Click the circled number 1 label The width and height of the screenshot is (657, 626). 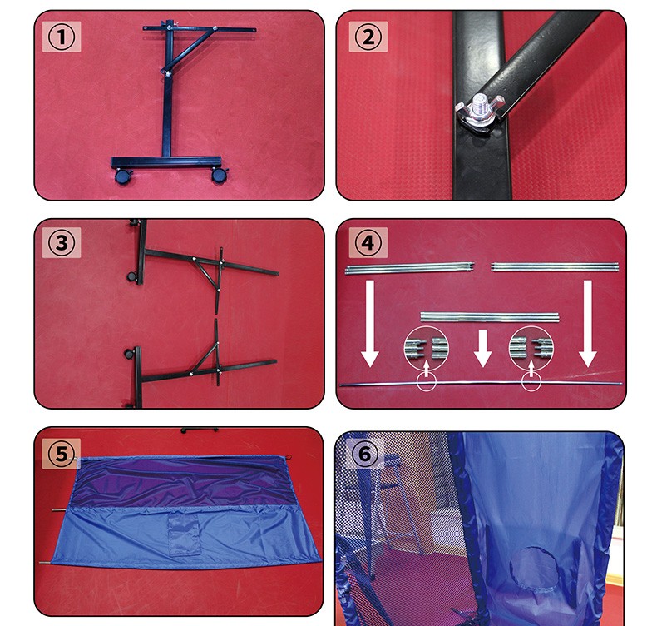62,37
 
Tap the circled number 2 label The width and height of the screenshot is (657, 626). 368,37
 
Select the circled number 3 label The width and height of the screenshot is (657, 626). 62,242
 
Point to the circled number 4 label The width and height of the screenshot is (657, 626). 368,242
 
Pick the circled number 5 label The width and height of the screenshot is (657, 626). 62,454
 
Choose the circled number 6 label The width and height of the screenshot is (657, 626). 364,454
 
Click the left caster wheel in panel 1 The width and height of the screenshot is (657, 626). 123,176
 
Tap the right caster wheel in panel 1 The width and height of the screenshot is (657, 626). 220,175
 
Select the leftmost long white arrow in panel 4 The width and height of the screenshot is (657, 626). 370,323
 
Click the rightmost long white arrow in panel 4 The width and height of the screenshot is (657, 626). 588,323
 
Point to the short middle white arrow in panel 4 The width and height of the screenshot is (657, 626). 482,348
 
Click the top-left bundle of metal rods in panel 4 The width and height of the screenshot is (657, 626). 410,268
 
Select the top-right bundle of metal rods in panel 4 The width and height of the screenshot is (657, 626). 555,266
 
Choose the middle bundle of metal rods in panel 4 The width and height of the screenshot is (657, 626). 489,317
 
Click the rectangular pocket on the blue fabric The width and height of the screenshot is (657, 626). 185,534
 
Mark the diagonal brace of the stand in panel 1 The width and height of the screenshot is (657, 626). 189,49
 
